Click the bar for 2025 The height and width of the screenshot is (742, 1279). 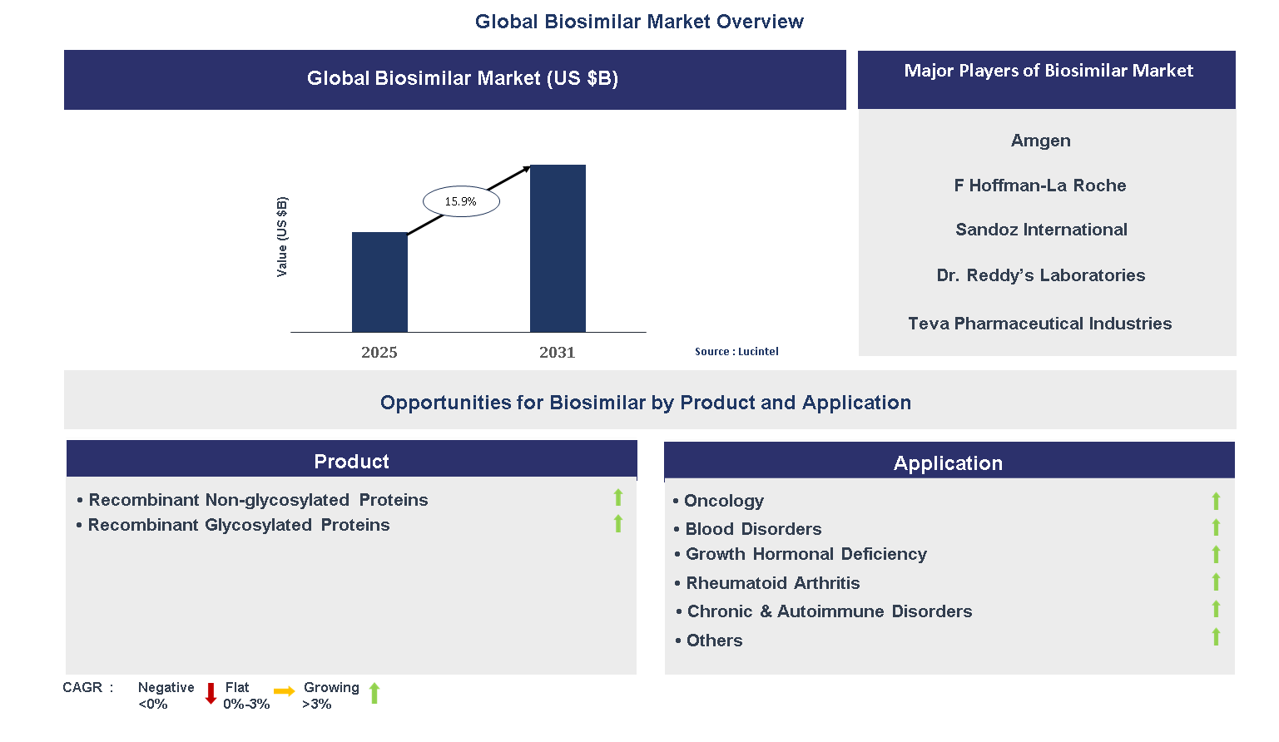point(379,282)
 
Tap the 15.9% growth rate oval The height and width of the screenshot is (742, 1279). point(461,201)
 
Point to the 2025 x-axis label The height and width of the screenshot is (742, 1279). point(379,353)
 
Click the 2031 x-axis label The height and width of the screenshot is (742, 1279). point(558,353)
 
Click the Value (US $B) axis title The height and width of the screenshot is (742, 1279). point(282,237)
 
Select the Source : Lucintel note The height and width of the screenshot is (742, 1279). point(736,352)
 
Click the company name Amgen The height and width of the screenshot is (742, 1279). point(1040,141)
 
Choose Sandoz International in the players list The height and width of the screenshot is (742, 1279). point(1041,230)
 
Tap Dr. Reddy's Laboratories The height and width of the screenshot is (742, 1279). point(1040,275)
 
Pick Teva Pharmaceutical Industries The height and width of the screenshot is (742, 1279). point(1039,324)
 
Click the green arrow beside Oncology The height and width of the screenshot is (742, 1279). point(1216,501)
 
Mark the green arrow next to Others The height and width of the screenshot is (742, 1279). point(1216,637)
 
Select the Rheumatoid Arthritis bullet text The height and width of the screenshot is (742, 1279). point(772,583)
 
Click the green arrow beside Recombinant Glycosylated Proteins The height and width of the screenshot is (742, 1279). point(618,523)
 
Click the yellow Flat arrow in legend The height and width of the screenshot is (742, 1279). point(284,691)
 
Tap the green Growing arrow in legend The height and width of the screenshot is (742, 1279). point(374,693)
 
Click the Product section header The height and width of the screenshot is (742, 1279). point(351,462)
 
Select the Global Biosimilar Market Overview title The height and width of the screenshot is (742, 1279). point(639,22)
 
